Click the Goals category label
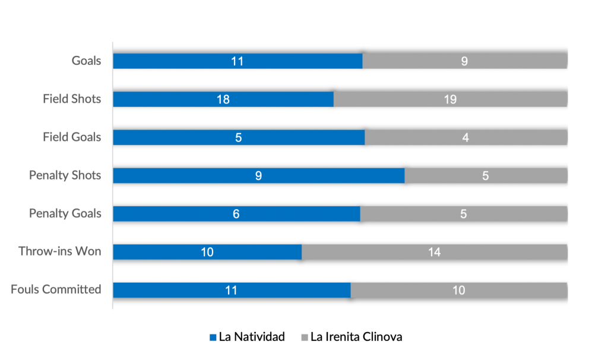86,61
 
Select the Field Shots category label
72,99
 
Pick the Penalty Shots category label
65,175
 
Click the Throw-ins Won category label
60,252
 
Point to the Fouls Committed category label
56,290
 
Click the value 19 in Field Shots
450,99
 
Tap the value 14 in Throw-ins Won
434,252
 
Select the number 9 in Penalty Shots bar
259,175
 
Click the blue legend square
213,337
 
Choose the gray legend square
305,337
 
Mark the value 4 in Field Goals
465,137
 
